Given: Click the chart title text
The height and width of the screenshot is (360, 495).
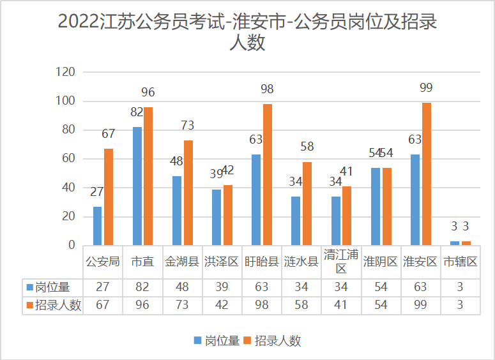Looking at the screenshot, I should (247, 32).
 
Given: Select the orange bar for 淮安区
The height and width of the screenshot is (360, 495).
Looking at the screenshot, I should (427, 174).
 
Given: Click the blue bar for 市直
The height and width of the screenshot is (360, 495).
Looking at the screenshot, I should (137, 186).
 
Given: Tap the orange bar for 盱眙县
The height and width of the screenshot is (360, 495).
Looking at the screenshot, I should (268, 174).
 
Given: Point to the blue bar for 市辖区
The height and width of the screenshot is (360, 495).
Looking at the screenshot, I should (454, 243).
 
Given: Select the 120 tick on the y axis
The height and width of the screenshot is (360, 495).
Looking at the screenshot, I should (66, 72).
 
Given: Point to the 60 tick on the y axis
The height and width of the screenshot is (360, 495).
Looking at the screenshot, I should (68, 159).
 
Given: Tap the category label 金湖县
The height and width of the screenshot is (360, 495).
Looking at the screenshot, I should (182, 261).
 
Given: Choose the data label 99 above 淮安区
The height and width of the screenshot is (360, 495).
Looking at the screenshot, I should (427, 87).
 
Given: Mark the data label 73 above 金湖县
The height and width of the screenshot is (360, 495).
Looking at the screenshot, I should (188, 125).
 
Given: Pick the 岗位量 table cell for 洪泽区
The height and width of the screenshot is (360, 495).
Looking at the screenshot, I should (222, 287).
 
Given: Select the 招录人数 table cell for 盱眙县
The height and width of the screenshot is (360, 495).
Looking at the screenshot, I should (261, 304).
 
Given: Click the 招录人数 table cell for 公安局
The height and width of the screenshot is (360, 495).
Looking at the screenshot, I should (103, 304).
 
